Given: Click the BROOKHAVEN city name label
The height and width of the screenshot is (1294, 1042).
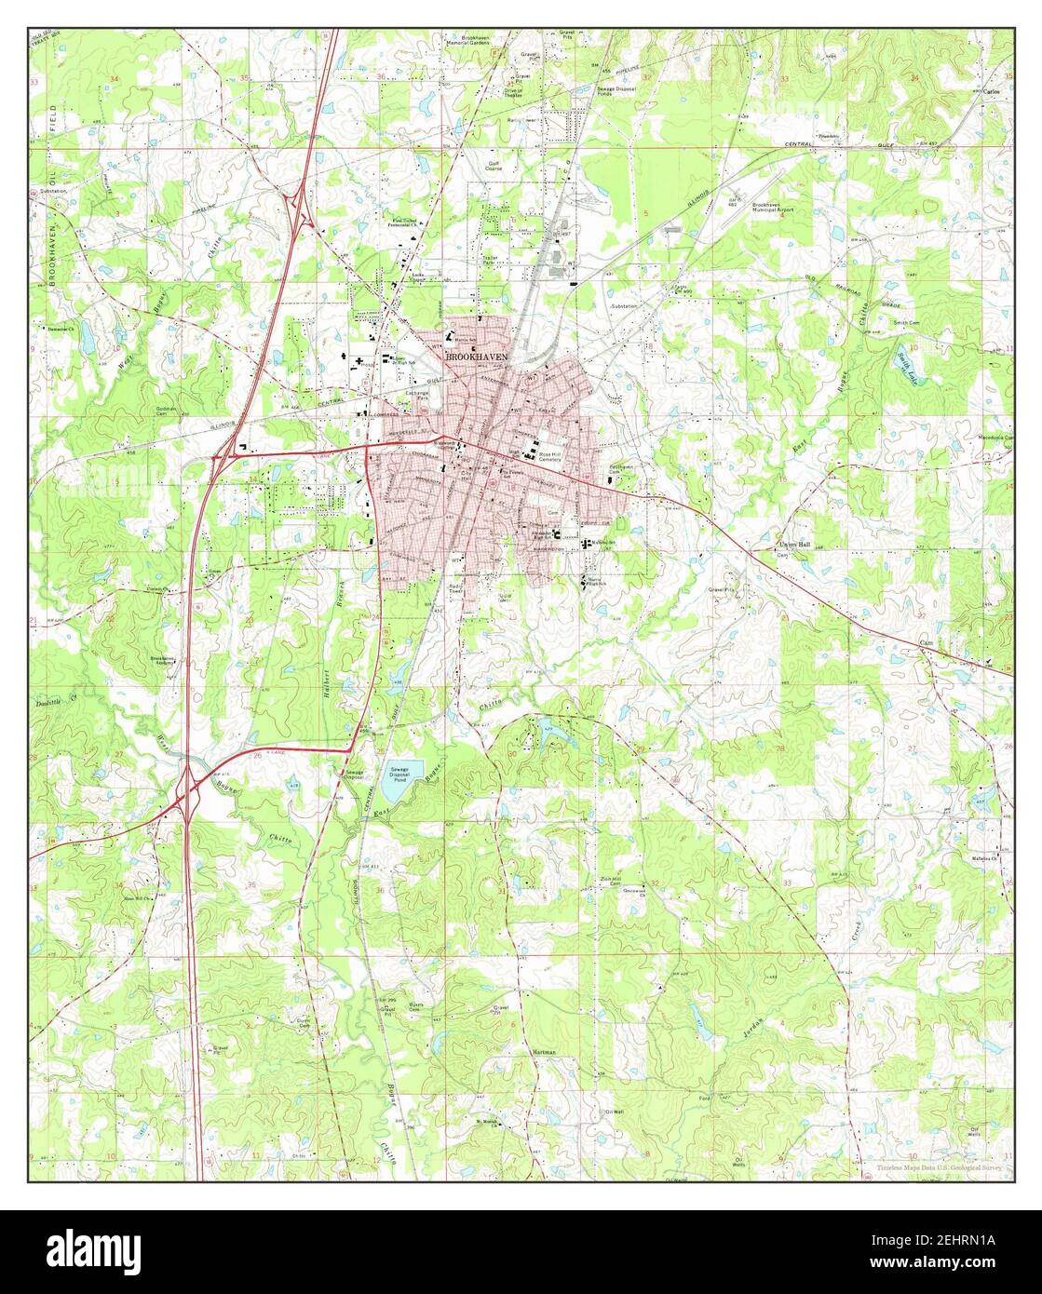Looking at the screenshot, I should pos(477,357).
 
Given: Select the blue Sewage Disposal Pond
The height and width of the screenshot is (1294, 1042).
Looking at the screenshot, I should pos(402,771).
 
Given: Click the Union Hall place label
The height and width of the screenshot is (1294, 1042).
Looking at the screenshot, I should pos(795,546).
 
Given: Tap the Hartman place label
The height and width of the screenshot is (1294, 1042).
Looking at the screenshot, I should pos(545,1052).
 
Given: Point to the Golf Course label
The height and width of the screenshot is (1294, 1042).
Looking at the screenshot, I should pos(494,167).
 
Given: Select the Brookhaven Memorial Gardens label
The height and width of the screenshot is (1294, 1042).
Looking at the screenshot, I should pos(494,41).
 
